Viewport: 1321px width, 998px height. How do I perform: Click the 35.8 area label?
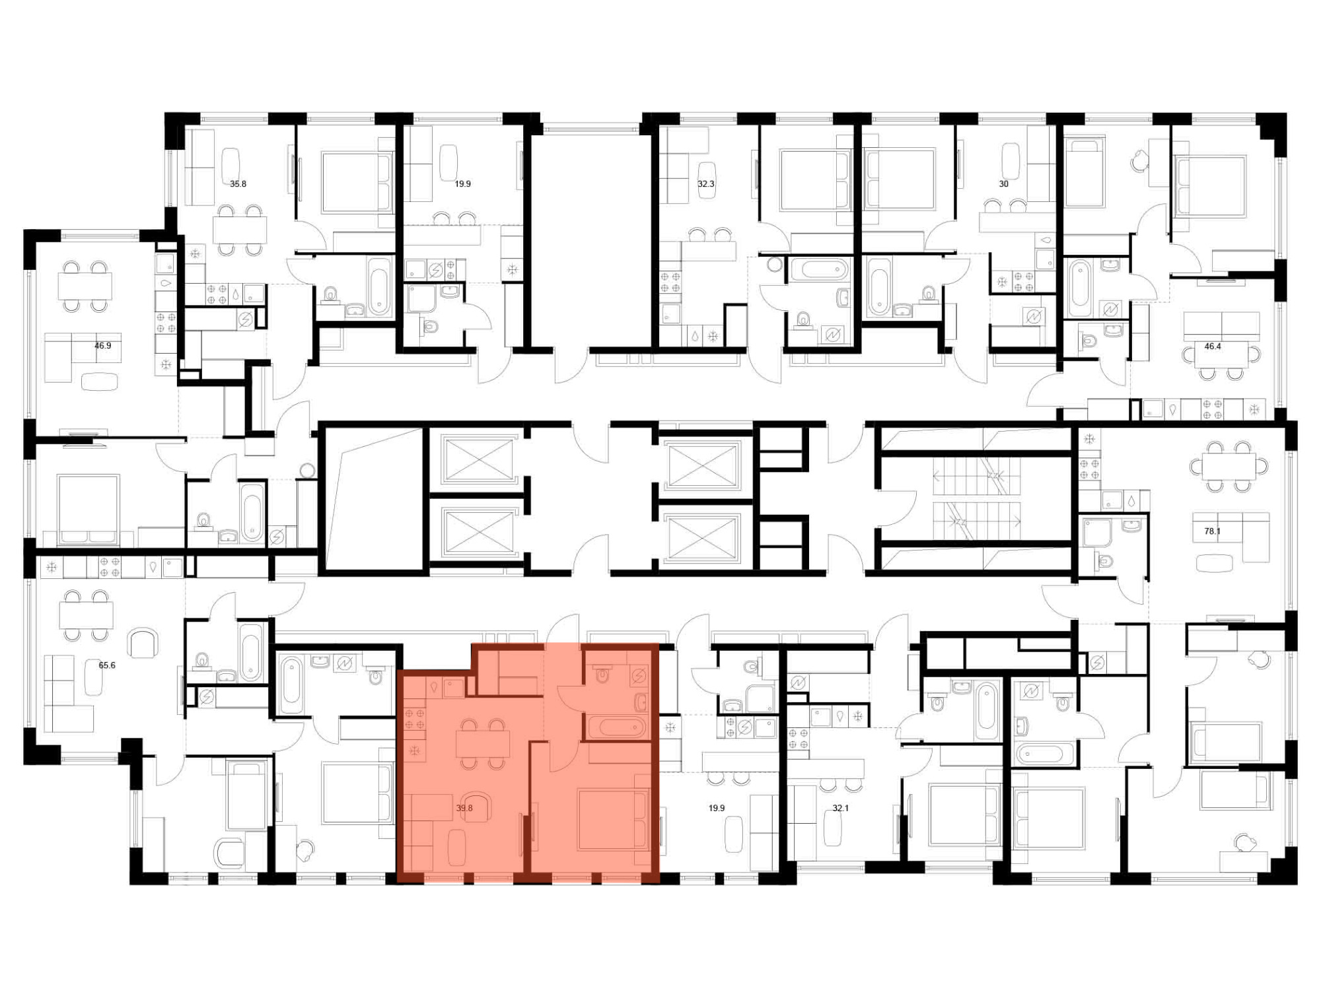coord(238,184)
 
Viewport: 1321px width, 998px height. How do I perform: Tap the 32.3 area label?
coord(706,184)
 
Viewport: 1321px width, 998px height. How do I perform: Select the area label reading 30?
coord(1004,184)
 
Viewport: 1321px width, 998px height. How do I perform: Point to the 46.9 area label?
coord(103,345)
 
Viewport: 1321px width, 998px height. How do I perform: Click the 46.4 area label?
coord(1213,346)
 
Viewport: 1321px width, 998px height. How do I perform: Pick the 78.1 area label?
coord(1212,531)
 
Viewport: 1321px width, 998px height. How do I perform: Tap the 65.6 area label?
coord(107,665)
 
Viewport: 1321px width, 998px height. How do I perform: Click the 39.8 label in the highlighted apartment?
coord(464,808)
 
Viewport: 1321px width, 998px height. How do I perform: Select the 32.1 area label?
coord(840,808)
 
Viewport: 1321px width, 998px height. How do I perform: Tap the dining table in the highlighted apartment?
coord(483,744)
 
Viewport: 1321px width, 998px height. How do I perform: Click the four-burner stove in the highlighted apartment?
coord(414,719)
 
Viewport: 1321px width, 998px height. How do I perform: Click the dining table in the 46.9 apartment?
coord(85,286)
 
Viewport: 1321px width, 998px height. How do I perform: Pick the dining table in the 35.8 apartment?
coord(240,230)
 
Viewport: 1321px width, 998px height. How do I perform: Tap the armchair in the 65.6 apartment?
coord(143,643)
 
